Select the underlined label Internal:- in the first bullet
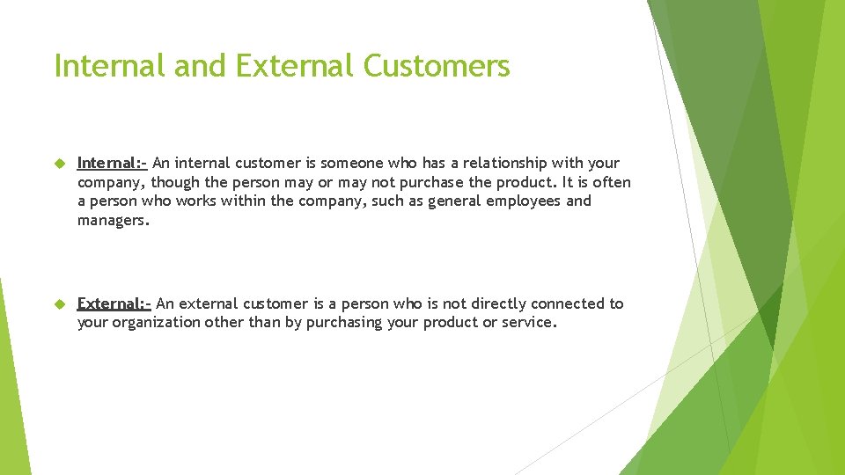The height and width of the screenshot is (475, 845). point(112,163)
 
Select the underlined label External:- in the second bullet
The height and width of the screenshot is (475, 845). point(114,303)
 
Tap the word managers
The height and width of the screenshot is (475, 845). point(113,220)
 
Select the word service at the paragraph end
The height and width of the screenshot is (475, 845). point(528,323)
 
